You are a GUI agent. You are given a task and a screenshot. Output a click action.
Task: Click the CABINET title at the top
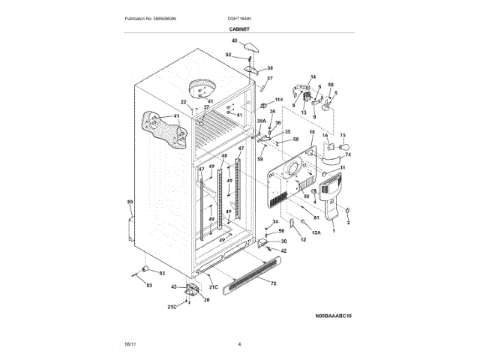pyautogui.click(x=239, y=28)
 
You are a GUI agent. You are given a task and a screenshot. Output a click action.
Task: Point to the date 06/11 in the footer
pyautogui.click(x=130, y=343)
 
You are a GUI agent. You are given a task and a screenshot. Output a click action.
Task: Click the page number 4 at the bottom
pyautogui.click(x=239, y=343)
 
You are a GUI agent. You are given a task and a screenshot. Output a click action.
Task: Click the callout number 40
pyautogui.click(x=234, y=40)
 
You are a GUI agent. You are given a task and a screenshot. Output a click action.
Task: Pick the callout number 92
pyautogui.click(x=229, y=55)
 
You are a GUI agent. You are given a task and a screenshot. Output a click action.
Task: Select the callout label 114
pyautogui.click(x=279, y=99)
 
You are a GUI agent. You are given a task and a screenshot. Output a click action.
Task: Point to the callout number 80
pyautogui.click(x=129, y=202)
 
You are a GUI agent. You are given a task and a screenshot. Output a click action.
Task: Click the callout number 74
pyautogui.click(x=348, y=154)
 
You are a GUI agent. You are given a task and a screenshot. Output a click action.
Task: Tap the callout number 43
pyautogui.click(x=174, y=286)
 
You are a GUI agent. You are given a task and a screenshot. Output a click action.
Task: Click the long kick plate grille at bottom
pyautogui.click(x=255, y=273)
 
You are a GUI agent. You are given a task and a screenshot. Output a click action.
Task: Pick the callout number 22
pyautogui.click(x=183, y=102)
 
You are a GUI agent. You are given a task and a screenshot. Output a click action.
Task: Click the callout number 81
pyautogui.click(x=316, y=217)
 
